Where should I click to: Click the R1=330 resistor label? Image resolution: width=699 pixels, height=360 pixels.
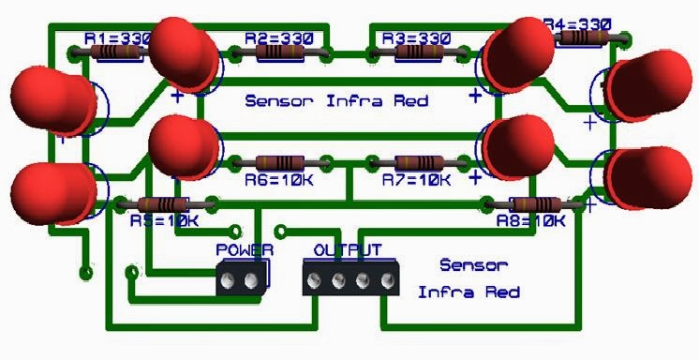pyautogui.click(x=116, y=37)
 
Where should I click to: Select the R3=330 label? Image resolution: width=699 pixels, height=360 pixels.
pyautogui.click(x=415, y=37)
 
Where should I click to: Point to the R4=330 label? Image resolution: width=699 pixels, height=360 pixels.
pyautogui.click(x=577, y=22)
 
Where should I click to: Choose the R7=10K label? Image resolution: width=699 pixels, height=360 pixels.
pyautogui.click(x=416, y=180)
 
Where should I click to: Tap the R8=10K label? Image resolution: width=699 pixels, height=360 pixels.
pyautogui.click(x=531, y=221)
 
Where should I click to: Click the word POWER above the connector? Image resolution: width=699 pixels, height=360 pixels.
pyautogui.click(x=245, y=250)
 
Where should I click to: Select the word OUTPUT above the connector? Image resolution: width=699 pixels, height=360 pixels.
pyautogui.click(x=348, y=250)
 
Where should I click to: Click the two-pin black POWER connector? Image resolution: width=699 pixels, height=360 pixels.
pyautogui.click(x=241, y=279)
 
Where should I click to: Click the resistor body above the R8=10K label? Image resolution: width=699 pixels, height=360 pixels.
pyautogui.click(x=535, y=204)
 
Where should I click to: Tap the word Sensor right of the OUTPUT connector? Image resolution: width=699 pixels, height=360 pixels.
pyautogui.click(x=473, y=266)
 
